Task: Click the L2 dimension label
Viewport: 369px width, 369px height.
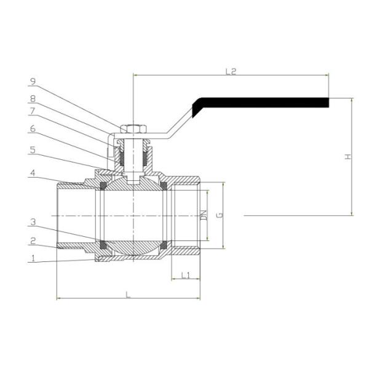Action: (x=231, y=72)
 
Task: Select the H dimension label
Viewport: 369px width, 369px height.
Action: (x=348, y=157)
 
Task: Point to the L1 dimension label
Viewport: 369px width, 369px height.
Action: (x=185, y=276)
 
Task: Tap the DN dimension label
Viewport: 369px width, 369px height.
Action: (x=204, y=215)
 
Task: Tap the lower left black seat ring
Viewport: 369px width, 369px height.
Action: (x=104, y=245)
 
